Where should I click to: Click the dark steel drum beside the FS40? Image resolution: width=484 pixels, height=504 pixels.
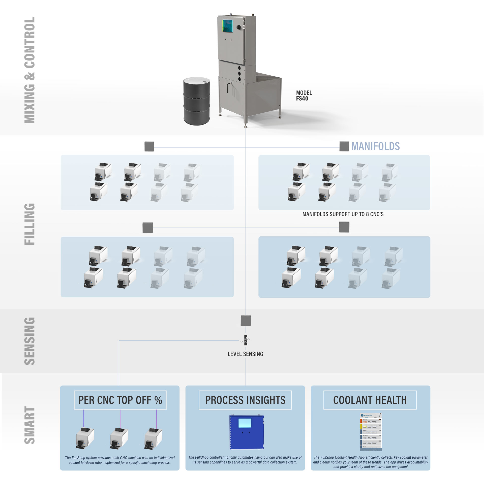pyautogui.click(x=196, y=101)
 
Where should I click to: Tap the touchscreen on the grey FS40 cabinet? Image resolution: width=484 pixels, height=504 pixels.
pyautogui.click(x=227, y=26)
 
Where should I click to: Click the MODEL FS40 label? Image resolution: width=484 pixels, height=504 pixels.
pyautogui.click(x=304, y=96)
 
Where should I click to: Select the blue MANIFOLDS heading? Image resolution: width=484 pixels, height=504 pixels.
pyautogui.click(x=375, y=146)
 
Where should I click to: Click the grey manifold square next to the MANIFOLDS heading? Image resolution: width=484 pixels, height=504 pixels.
pyautogui.click(x=344, y=146)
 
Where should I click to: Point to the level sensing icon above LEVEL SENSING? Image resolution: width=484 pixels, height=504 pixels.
pyautogui.click(x=245, y=340)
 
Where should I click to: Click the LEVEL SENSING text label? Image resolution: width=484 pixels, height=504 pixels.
pyautogui.click(x=245, y=354)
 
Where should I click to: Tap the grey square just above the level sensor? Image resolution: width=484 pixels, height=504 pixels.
pyautogui.click(x=246, y=320)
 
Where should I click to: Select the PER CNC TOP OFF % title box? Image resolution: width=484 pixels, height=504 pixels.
pyautogui.click(x=120, y=400)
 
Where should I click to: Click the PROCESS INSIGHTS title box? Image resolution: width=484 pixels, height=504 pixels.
pyautogui.click(x=245, y=400)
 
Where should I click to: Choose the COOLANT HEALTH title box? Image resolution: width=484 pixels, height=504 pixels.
pyautogui.click(x=370, y=400)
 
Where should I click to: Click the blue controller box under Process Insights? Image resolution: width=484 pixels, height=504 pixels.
pyautogui.click(x=247, y=432)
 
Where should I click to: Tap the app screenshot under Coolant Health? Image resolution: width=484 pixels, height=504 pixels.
pyautogui.click(x=371, y=432)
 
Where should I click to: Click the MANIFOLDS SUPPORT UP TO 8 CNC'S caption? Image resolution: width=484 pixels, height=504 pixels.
pyautogui.click(x=343, y=214)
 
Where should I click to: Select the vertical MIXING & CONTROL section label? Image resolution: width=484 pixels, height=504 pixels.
pyautogui.click(x=29, y=70)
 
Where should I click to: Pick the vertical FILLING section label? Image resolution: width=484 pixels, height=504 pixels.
pyautogui.click(x=29, y=224)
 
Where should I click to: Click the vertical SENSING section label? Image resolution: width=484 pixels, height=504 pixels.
pyautogui.click(x=29, y=341)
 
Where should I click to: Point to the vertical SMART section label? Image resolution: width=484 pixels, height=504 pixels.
pyautogui.click(x=29, y=425)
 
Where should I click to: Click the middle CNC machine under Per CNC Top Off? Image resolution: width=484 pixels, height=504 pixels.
pyautogui.click(x=119, y=438)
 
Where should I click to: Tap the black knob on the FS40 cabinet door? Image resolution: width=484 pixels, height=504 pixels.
pyautogui.click(x=238, y=27)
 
